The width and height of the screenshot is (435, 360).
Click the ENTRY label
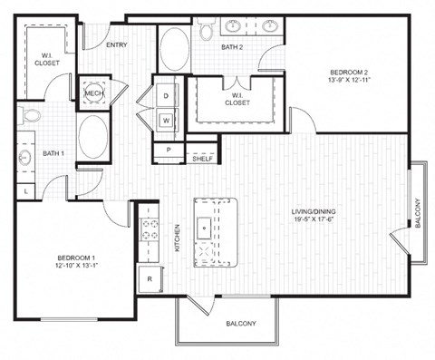click(x=116, y=44)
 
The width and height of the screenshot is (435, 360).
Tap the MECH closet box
click(x=93, y=93)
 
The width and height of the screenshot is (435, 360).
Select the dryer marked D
click(x=167, y=95)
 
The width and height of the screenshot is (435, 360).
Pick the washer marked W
click(x=167, y=119)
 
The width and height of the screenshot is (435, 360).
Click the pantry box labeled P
click(x=168, y=150)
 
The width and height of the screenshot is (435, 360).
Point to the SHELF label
click(x=202, y=159)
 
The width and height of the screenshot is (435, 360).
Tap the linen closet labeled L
click(x=25, y=190)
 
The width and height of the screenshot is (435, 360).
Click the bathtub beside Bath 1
click(x=93, y=137)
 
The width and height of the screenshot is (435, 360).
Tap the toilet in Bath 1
click(x=30, y=117)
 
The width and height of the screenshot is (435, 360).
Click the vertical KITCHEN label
click(x=178, y=238)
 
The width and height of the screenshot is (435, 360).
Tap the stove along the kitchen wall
click(x=149, y=230)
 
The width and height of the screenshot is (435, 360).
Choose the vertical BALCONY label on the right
click(x=418, y=213)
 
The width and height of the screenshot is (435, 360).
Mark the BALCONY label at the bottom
click(x=240, y=324)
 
